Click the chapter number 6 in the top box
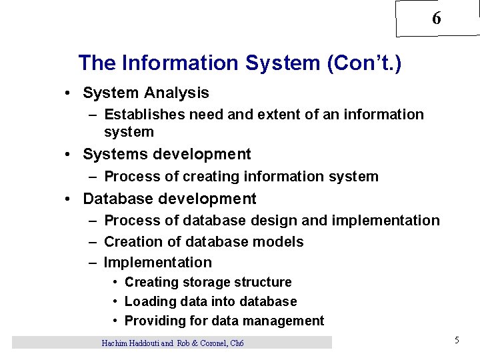[436, 19]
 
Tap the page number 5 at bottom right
[457, 341]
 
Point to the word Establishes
[145, 115]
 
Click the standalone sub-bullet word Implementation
[158, 263]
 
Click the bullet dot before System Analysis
[69, 93]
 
